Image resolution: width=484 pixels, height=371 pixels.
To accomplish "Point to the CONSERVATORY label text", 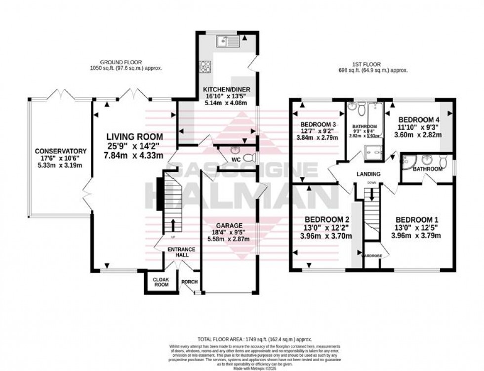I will tap(61, 151).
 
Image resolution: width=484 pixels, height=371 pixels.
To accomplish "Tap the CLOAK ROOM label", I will tap(161, 282).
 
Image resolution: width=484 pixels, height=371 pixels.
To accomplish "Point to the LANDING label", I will tap(369, 174).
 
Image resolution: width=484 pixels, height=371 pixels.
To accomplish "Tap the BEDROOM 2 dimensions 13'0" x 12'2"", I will tap(327, 228).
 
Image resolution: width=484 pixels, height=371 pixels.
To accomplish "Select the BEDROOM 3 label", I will tap(320, 124).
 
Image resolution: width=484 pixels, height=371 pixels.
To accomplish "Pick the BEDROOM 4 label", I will tap(419, 120).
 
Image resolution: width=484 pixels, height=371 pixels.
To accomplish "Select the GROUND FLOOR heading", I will tap(126, 62).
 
